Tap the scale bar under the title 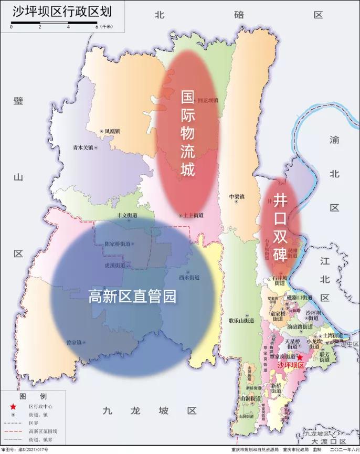[x=55, y=24]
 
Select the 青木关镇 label [x=82, y=148]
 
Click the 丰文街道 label [x=126, y=216]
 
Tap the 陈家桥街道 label [x=118, y=244]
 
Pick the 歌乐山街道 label [x=241, y=320]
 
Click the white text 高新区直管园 [x=132, y=297]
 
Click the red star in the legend [x=12, y=406]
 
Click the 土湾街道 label [x=332, y=335]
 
